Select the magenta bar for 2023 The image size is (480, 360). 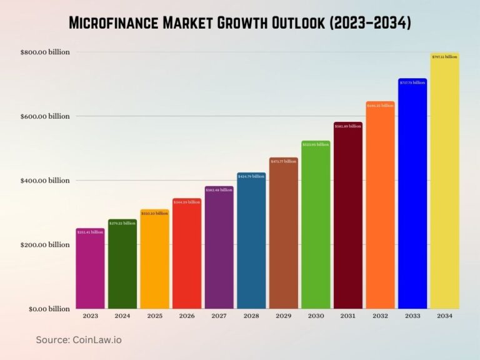coord(90,269)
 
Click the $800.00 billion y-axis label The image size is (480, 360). coord(45,52)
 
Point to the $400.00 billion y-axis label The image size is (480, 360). coord(45,181)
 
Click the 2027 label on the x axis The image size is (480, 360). coord(219,316)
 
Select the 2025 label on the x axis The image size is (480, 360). coord(154,316)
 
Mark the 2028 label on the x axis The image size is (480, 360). coord(251,316)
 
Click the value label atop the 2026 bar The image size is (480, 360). coord(187,202)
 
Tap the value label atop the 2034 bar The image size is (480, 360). coord(444,57)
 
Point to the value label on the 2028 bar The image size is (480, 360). coord(251,176)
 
